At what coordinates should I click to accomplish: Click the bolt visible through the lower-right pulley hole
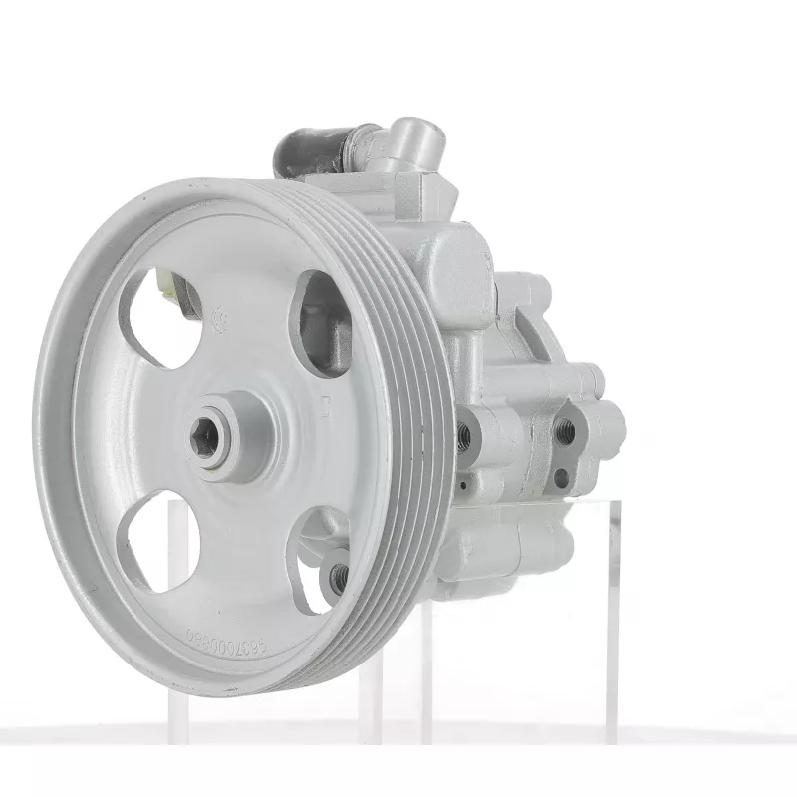coord(338,576)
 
